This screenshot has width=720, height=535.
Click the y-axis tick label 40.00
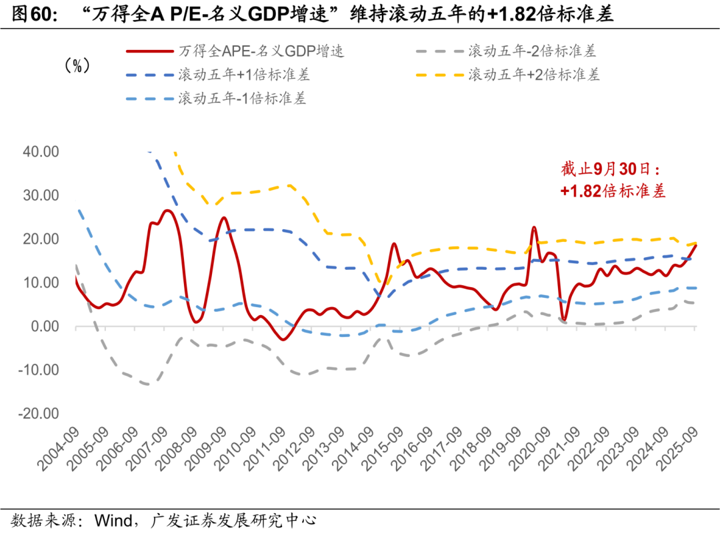click(x=41, y=152)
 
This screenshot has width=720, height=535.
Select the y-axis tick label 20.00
click(x=41, y=239)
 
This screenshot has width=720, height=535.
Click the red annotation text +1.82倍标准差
click(x=613, y=191)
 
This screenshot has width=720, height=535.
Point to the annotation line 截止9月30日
click(x=613, y=169)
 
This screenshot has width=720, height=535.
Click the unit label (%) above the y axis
click(x=77, y=65)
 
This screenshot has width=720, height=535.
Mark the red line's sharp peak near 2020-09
click(x=534, y=228)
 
